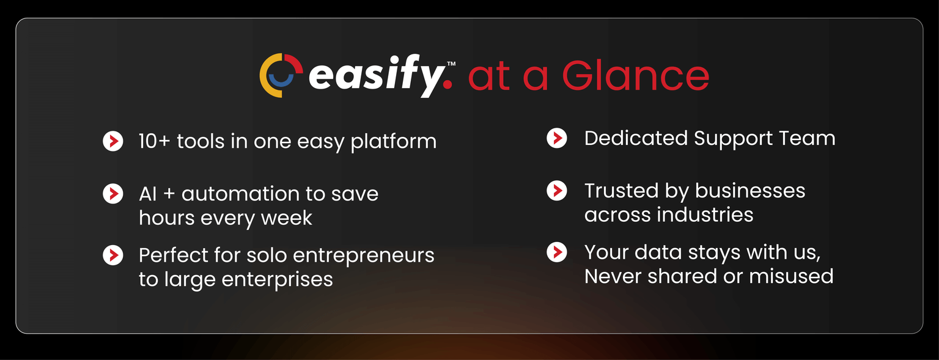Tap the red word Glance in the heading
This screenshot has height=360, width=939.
tap(636, 75)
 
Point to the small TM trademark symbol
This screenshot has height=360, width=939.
tap(451, 64)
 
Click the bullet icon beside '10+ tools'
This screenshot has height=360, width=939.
tap(112, 141)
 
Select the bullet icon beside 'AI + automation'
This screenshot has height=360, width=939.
tap(112, 194)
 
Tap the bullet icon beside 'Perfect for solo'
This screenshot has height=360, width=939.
tap(112, 255)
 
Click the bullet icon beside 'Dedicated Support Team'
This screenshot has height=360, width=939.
tap(557, 138)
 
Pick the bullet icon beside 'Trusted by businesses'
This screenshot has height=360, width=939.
tap(557, 191)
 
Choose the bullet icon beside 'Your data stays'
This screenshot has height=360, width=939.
tap(557, 252)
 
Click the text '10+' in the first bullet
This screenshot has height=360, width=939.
tap(154, 141)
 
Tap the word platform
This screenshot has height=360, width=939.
tap(394, 142)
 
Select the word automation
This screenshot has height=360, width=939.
tap(240, 194)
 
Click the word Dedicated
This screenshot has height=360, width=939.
tap(636, 138)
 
